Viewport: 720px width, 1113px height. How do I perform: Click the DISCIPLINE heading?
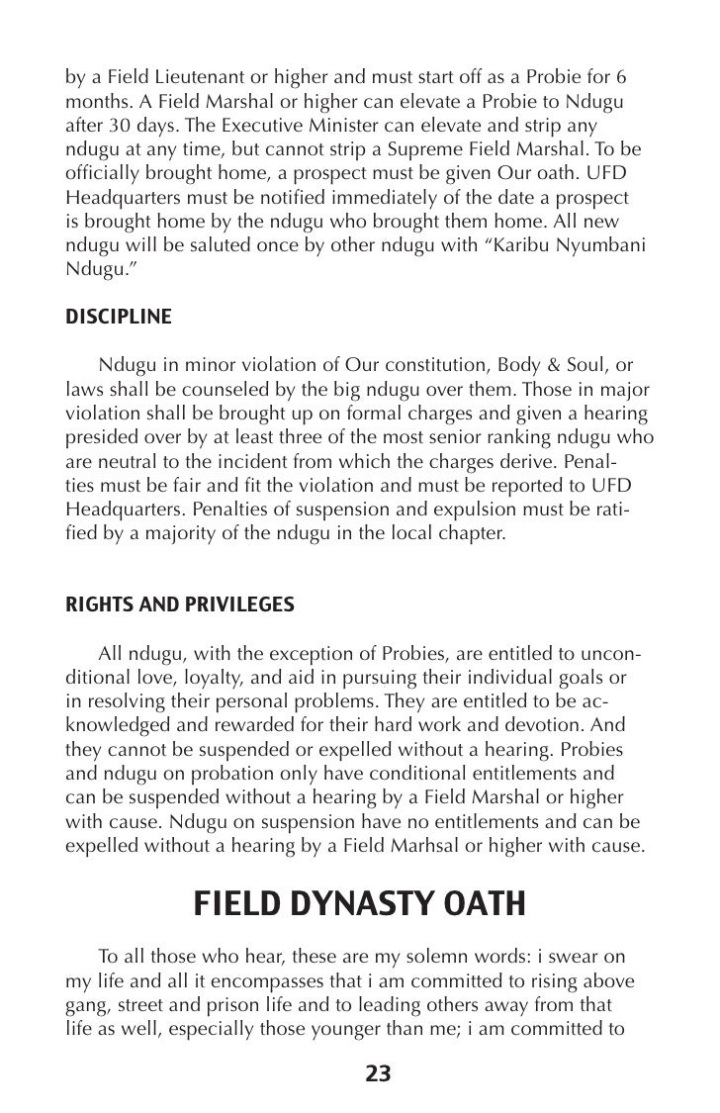point(118,317)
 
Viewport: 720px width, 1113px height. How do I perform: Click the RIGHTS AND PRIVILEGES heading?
point(179,603)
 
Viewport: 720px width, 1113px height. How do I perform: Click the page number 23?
point(379,1073)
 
